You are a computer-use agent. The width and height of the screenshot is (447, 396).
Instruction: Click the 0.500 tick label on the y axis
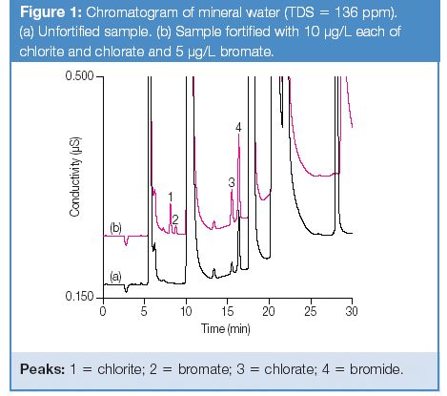79,76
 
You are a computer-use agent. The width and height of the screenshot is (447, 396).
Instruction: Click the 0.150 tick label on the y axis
79,297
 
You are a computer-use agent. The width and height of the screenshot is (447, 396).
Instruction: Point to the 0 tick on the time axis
102,311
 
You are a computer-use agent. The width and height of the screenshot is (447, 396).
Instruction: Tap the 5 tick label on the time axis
144,311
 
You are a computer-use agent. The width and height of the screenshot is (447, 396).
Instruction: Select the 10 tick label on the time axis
185,311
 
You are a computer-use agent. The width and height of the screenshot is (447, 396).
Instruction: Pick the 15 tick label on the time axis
227,311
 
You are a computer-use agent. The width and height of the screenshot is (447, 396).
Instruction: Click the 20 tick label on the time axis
268,311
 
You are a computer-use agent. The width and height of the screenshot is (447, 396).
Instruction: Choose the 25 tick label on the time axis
310,311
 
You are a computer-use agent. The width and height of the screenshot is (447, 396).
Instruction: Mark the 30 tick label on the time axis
352,311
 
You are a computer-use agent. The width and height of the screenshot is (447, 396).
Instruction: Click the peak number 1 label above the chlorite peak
170,197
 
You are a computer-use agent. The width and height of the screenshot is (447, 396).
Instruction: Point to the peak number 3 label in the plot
232,181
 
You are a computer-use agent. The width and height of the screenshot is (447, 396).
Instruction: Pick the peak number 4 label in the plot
238,127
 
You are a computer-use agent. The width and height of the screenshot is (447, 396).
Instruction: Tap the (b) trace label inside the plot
116,227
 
